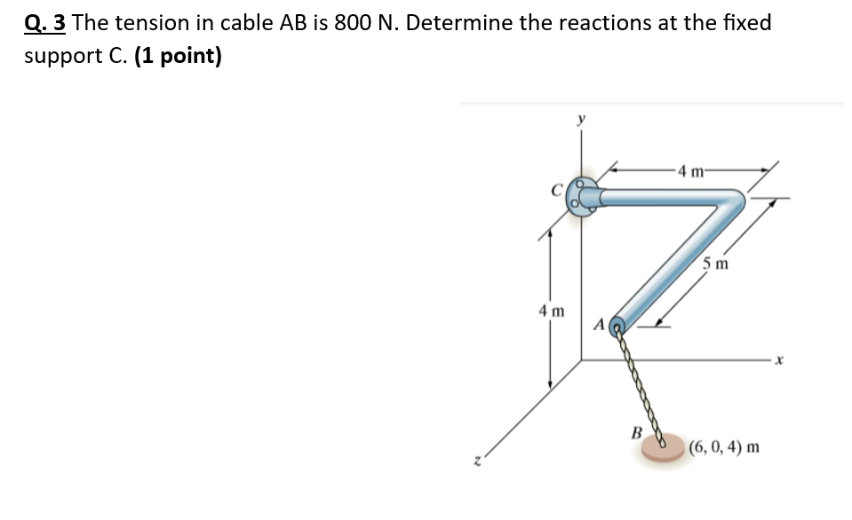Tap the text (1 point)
click(x=179, y=57)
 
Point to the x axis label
click(x=776, y=360)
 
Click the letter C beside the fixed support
click(x=556, y=188)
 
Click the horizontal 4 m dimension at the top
click(x=689, y=171)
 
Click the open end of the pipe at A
click(x=620, y=327)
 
